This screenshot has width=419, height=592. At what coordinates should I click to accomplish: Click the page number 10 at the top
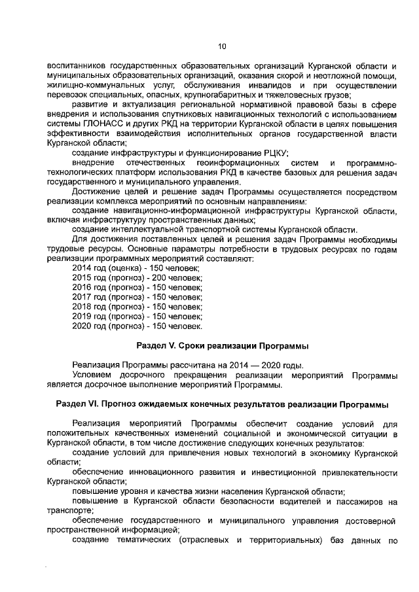click(x=221, y=46)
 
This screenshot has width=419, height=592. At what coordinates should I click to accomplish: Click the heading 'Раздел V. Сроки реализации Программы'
click(x=222, y=345)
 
